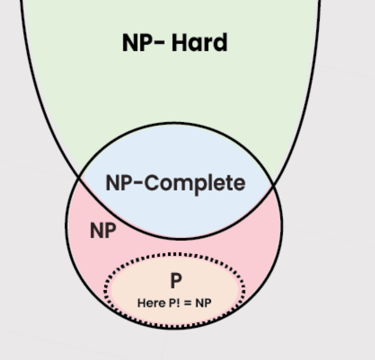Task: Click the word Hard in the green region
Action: [x=200, y=43]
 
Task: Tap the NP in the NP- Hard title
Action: [x=137, y=43]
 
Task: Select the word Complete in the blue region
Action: [x=195, y=183]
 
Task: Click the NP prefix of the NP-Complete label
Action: [x=117, y=183]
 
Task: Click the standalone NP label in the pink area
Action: [x=103, y=231]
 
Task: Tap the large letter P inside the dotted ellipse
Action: [x=175, y=281]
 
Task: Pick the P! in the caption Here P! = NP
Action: [x=173, y=303]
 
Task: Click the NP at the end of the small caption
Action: [x=203, y=303]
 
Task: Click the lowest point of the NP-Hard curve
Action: [x=180, y=239]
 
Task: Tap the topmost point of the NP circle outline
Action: [x=174, y=123]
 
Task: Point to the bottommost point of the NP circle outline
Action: [x=174, y=328]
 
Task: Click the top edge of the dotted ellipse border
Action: [x=174, y=254]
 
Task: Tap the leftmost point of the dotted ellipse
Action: [x=106, y=291]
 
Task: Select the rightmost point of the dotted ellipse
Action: [x=244, y=291]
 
